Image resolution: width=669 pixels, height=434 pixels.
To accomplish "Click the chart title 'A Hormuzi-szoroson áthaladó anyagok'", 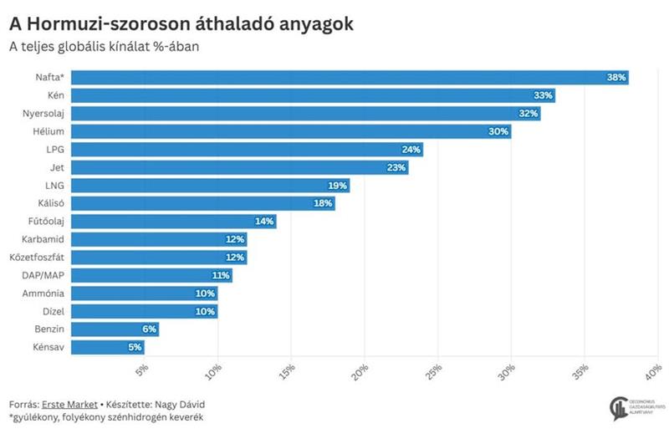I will tap(181, 24).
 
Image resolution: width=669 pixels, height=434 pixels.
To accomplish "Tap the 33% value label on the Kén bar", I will tap(543, 95).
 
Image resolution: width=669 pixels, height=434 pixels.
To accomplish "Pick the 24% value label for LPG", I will tap(411, 150).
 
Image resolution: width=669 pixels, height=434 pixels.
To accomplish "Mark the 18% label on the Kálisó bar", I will tap(324, 203).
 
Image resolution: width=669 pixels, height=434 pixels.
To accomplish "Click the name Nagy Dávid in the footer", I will tap(181, 401).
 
